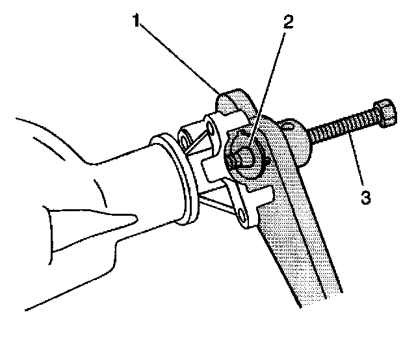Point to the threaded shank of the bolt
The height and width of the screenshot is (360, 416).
(341, 127)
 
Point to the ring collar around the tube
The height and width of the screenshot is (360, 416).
(179, 179)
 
